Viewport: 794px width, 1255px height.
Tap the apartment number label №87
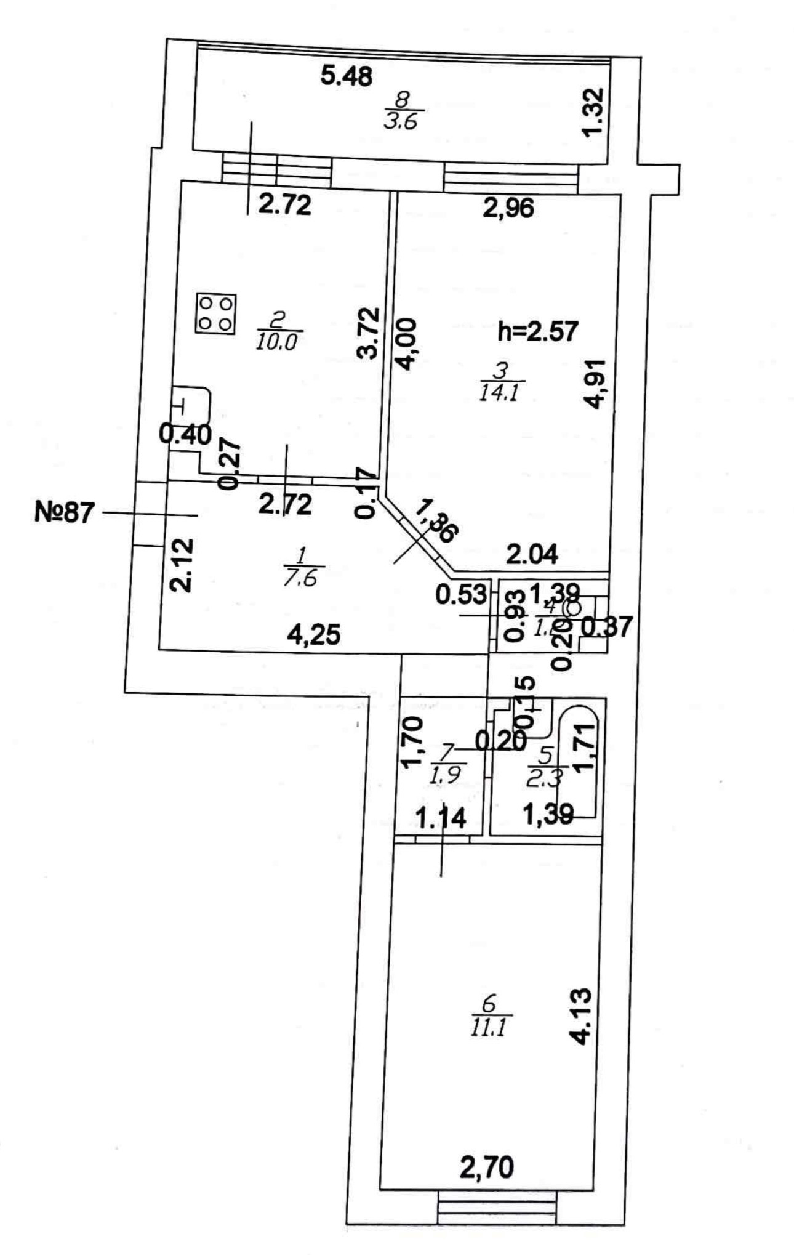pos(64,512)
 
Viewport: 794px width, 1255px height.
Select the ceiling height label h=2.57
pos(537,331)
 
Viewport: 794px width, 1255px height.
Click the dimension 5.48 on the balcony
pos(347,76)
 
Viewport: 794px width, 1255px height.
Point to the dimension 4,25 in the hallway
pos(314,634)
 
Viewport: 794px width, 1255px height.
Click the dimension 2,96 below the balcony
pos(508,208)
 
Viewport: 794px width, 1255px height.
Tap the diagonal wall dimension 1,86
pos(436,522)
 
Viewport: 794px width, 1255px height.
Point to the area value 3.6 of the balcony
pos(401,121)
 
